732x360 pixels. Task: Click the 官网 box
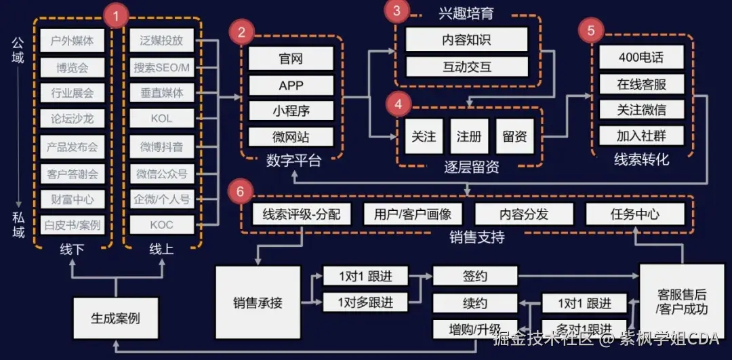click(291, 59)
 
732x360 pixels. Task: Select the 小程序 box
click(291, 111)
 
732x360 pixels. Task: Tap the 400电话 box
click(641, 58)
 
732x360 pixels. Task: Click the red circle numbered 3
click(397, 10)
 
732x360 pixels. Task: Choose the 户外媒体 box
click(73, 40)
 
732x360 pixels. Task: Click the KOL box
click(161, 119)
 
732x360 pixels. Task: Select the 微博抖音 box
click(161, 146)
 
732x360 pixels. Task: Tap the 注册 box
click(469, 136)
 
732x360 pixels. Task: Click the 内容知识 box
click(466, 39)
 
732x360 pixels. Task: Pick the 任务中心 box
click(634, 215)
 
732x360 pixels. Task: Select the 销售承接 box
click(258, 302)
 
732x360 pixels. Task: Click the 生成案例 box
click(115, 317)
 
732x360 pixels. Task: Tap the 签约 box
click(474, 277)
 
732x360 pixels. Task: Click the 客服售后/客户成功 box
click(682, 302)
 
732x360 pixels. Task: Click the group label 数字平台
click(293, 161)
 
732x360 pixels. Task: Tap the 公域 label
click(18, 49)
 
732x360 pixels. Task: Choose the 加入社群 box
click(641, 136)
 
